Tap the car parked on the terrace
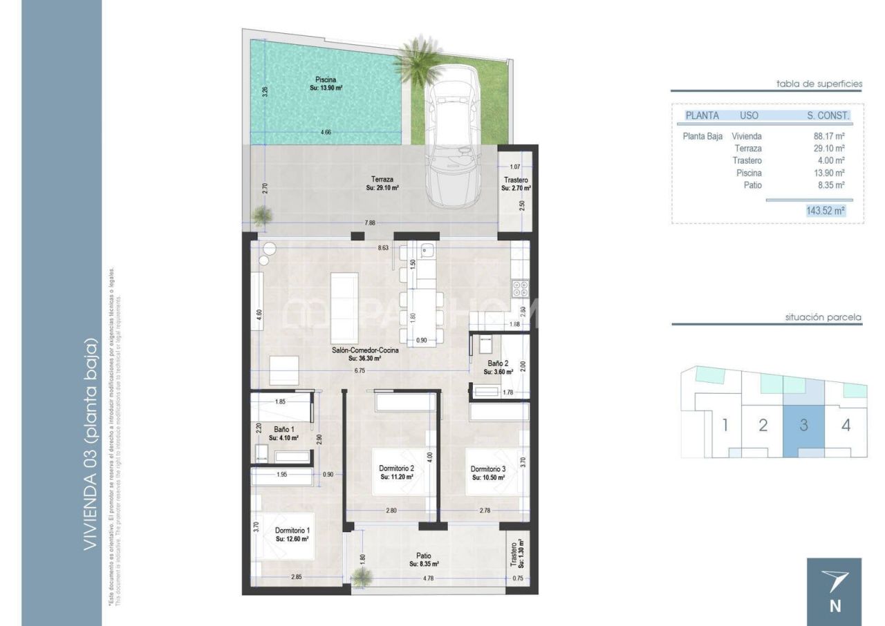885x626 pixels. (453, 138)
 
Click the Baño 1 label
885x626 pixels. (283, 430)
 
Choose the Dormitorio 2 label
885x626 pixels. (396, 468)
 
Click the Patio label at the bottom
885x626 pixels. (424, 555)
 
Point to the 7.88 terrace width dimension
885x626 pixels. (371, 222)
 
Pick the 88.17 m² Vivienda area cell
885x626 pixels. (829, 136)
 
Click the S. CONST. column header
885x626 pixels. (828, 115)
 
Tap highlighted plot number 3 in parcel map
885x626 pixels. (803, 425)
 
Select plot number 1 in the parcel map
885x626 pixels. (725, 425)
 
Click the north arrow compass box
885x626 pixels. (835, 591)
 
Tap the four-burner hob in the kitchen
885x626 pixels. (519, 286)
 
